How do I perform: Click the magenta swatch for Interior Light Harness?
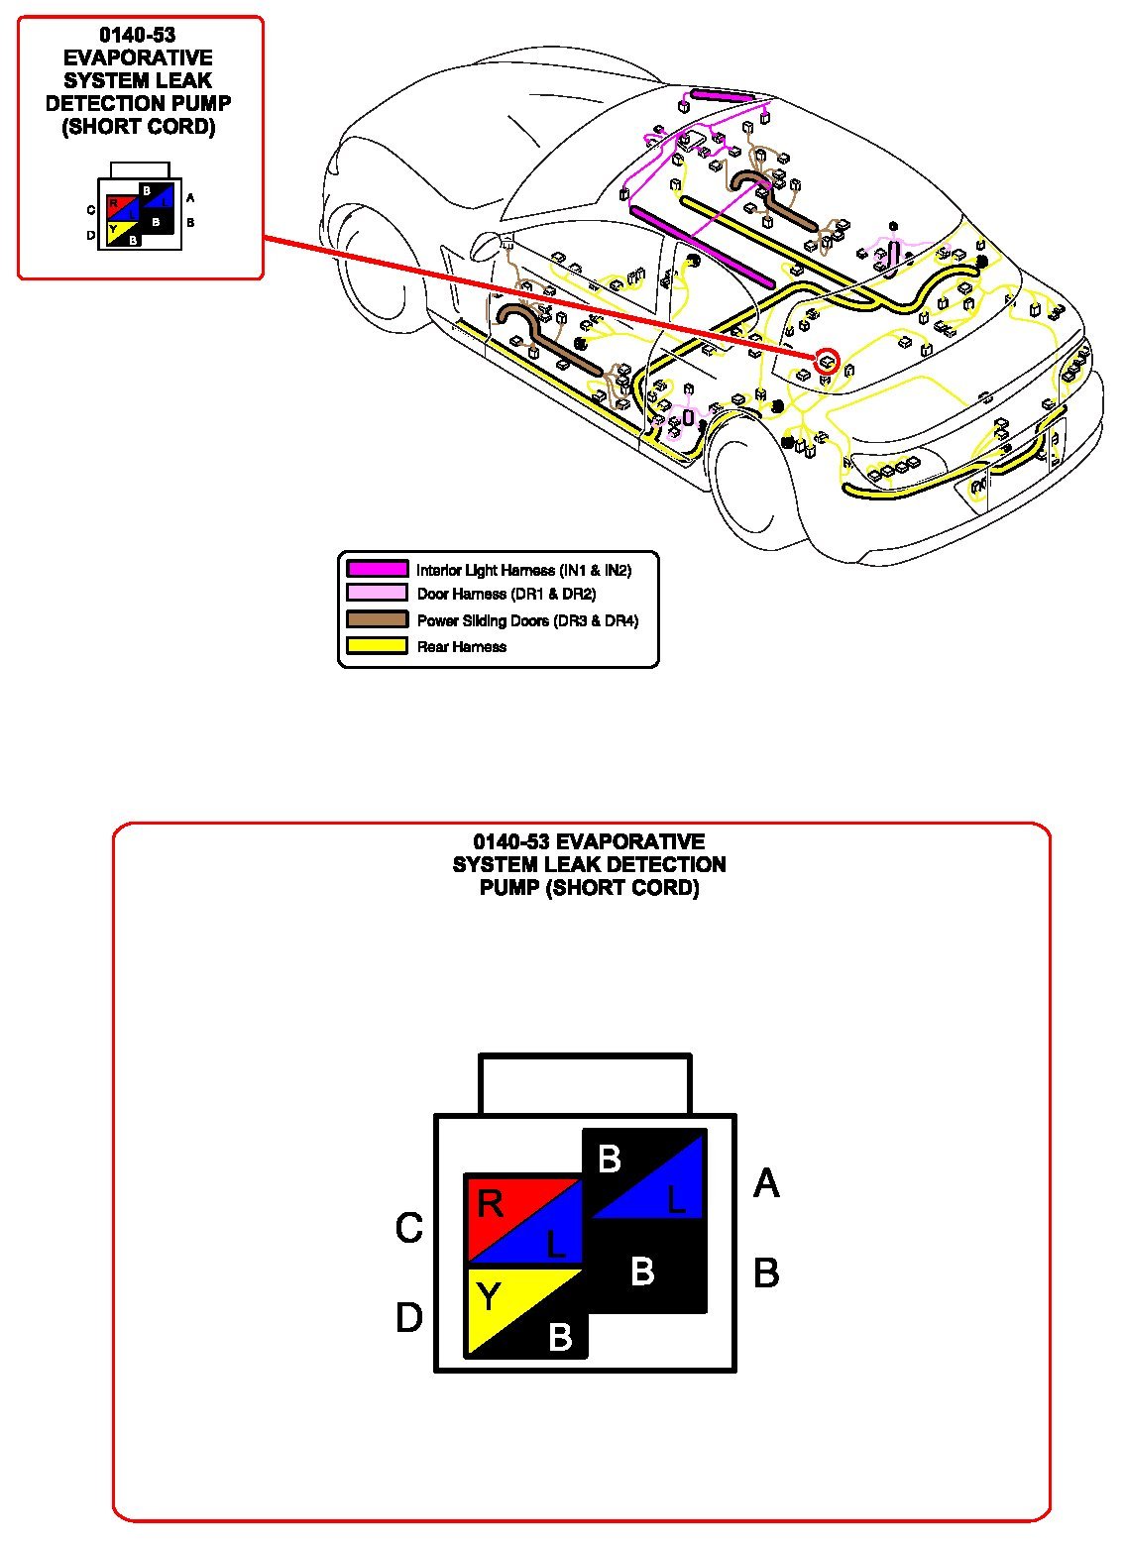point(377,569)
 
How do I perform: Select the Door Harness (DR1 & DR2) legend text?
point(506,595)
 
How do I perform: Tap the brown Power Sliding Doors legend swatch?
point(377,619)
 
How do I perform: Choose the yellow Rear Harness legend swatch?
point(377,646)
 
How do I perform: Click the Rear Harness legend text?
point(461,647)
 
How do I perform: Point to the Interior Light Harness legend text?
point(523,570)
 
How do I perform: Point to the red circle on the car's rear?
point(826,362)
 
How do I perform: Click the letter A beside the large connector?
point(766,1183)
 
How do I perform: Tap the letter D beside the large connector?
point(409,1318)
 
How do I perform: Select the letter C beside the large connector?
point(409,1229)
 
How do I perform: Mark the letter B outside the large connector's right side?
point(766,1272)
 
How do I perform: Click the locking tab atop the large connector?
point(585,1084)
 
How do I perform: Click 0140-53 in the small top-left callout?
point(138,36)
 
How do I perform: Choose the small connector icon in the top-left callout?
point(140,210)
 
